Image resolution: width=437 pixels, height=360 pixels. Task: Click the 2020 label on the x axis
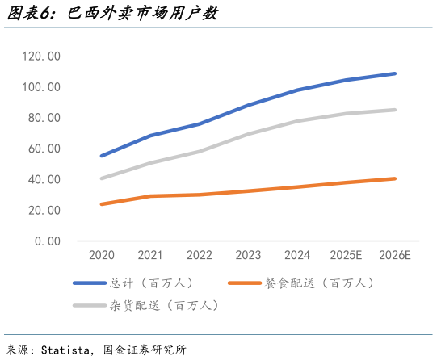[x=101, y=256]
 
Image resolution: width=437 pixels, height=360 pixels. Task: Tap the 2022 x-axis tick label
[x=199, y=256]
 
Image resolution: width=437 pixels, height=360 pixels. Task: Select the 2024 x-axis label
[x=297, y=256]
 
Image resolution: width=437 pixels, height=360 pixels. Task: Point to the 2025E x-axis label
[x=347, y=256]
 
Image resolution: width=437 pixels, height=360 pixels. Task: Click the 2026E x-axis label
[x=396, y=256]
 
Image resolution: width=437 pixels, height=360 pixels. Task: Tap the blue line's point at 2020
[x=101, y=156]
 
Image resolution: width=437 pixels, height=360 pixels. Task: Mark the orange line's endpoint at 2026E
[x=396, y=178]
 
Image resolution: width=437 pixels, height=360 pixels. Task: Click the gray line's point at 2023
[x=248, y=134]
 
